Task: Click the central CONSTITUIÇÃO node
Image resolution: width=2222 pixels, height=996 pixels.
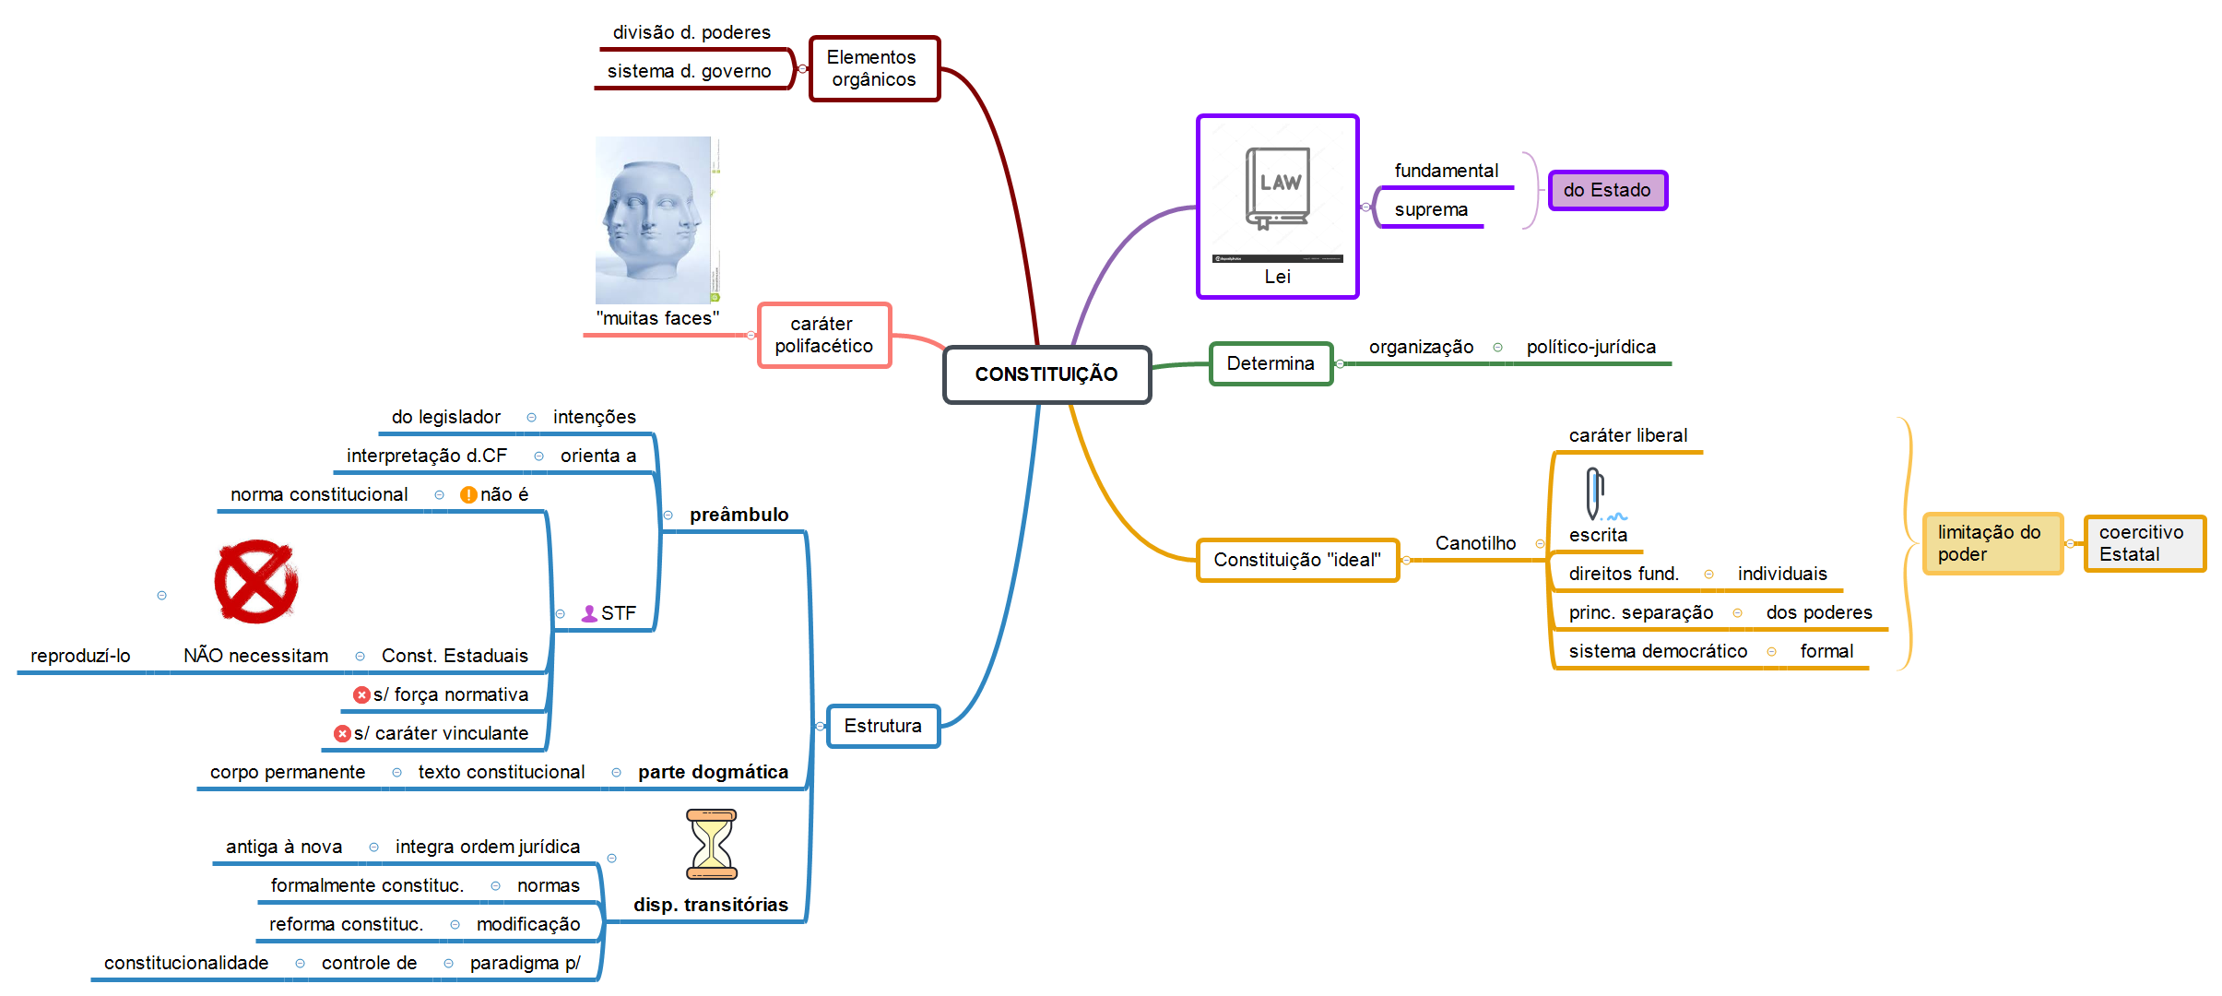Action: click(1046, 374)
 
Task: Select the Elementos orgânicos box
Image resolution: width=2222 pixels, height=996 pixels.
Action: click(874, 68)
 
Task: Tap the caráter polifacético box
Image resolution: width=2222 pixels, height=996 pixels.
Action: click(824, 335)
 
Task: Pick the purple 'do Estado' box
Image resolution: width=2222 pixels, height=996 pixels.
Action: click(1607, 190)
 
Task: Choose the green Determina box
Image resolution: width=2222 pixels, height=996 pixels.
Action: click(1271, 363)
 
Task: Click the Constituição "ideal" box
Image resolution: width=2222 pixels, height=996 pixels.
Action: click(1297, 560)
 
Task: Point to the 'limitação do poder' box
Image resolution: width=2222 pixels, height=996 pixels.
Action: click(1992, 543)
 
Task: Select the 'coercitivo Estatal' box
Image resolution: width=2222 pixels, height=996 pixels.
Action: click(2145, 543)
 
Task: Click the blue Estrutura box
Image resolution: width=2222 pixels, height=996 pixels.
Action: click(882, 726)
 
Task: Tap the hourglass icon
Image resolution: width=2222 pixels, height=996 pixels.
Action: click(712, 844)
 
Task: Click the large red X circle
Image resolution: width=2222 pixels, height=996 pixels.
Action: click(255, 582)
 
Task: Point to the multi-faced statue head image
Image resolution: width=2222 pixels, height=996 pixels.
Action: click(656, 219)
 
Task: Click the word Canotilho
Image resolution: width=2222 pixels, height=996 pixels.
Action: click(1475, 543)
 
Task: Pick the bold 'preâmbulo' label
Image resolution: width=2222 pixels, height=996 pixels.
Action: click(739, 515)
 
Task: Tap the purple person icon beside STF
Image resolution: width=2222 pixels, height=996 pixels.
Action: click(589, 613)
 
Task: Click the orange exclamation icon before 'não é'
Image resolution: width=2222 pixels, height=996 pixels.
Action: click(468, 495)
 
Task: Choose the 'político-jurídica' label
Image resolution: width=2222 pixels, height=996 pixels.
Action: click(1590, 347)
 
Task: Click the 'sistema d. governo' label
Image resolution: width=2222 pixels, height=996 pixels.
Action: click(689, 71)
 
